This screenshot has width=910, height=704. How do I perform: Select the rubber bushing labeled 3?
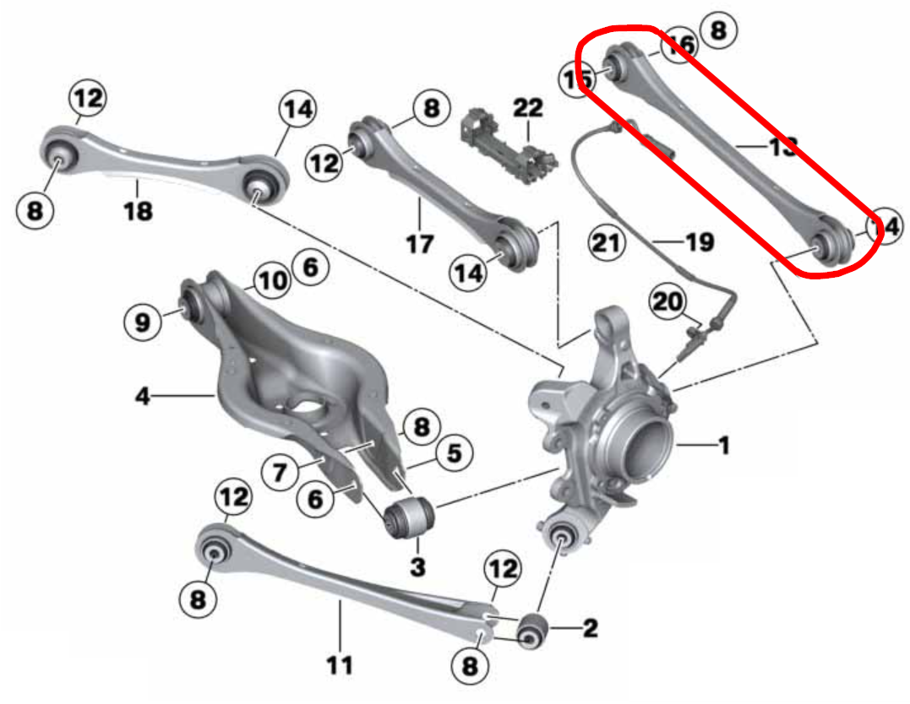click(x=409, y=516)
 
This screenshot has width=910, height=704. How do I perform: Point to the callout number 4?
click(x=143, y=394)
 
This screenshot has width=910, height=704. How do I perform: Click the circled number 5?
click(x=454, y=454)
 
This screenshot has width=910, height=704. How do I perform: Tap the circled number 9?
click(x=142, y=321)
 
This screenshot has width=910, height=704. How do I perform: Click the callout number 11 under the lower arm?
click(x=339, y=666)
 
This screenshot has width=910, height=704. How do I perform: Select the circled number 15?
click(x=578, y=79)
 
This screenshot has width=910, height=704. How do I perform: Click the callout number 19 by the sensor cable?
click(x=700, y=243)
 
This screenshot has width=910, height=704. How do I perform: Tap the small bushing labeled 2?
click(x=534, y=630)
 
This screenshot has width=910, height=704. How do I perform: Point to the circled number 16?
click(x=678, y=45)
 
